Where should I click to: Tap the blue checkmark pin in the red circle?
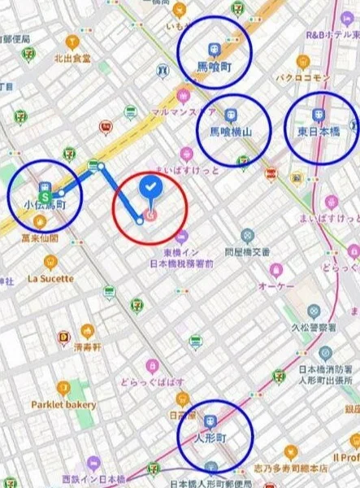150,188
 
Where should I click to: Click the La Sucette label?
50,278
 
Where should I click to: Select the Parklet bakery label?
63,404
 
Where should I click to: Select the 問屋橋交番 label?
247,252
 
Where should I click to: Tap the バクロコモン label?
302,78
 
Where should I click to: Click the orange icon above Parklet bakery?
63,387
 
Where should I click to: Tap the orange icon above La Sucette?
50,262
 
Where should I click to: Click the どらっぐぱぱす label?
153,382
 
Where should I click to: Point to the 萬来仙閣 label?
40,238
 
